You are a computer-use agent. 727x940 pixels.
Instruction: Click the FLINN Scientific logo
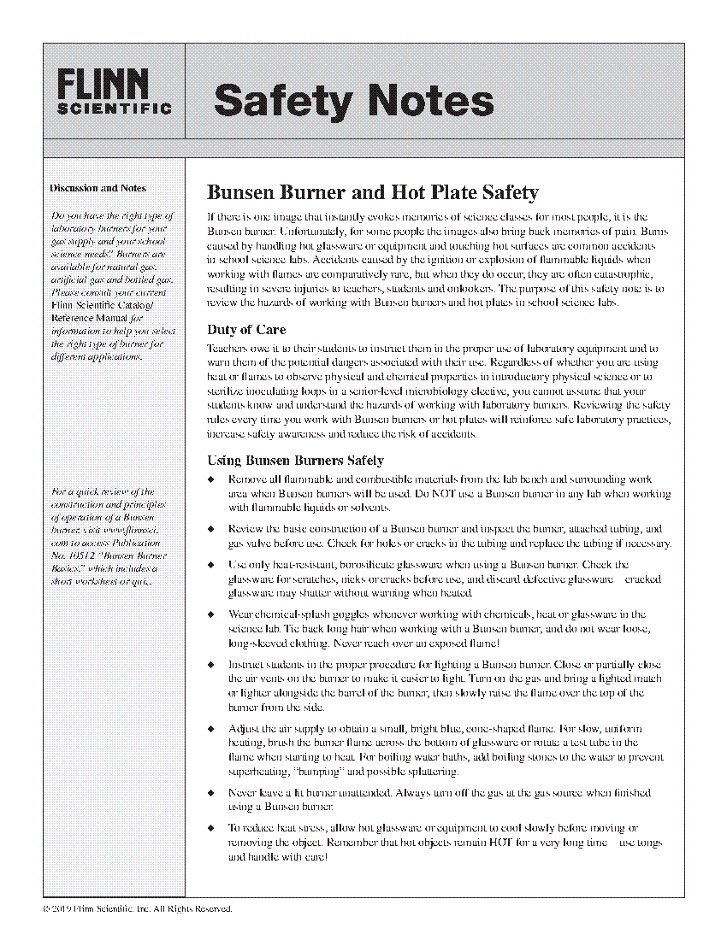pyautogui.click(x=115, y=91)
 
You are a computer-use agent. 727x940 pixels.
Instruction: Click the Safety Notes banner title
pyautogui.click(x=353, y=101)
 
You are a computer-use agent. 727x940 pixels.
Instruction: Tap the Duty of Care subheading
pyautogui.click(x=246, y=329)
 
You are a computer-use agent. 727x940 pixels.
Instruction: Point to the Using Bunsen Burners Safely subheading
pyautogui.click(x=295, y=461)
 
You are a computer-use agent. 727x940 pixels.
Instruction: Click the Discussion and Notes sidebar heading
pyautogui.click(x=98, y=188)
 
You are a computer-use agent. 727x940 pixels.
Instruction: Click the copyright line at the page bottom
pyautogui.click(x=137, y=908)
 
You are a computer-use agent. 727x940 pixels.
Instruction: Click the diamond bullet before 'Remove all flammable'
pyautogui.click(x=211, y=480)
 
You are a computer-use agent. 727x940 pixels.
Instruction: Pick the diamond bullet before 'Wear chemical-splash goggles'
pyautogui.click(x=211, y=614)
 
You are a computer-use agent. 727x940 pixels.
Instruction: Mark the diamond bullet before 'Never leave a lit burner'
pyautogui.click(x=211, y=793)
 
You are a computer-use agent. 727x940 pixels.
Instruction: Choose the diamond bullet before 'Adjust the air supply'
pyautogui.click(x=211, y=729)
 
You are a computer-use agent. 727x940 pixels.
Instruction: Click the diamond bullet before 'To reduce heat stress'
pyautogui.click(x=211, y=828)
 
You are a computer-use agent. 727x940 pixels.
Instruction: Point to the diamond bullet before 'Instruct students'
pyautogui.click(x=211, y=664)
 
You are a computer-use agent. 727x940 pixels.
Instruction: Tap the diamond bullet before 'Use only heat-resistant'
pyautogui.click(x=211, y=565)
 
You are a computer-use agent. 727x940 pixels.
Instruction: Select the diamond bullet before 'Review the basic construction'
pyautogui.click(x=211, y=530)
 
